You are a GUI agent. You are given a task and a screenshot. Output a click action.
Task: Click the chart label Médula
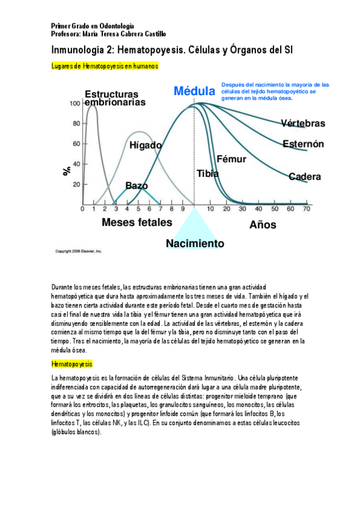tap(194, 91)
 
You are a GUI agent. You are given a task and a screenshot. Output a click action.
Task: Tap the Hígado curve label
tap(145, 145)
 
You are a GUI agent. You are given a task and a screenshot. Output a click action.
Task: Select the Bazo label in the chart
tap(136, 186)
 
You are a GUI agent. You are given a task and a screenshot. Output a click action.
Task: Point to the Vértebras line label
tap(303, 123)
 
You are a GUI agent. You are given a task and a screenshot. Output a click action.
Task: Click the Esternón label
tap(304, 144)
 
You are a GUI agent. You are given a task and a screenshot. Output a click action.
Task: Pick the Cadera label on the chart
tap(305, 177)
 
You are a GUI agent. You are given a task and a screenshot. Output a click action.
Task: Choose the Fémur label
tap(231, 159)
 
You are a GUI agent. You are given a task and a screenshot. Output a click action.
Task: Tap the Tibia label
tap(207, 173)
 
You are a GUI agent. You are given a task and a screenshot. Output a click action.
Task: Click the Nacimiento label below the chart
tap(195, 244)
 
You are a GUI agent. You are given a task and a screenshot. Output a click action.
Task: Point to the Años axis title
tap(263, 225)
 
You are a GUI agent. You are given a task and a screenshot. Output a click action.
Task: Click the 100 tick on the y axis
tap(75, 103)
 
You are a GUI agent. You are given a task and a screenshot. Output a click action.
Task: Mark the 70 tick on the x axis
tap(307, 209)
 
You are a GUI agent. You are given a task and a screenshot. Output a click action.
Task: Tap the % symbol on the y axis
tap(67, 171)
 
